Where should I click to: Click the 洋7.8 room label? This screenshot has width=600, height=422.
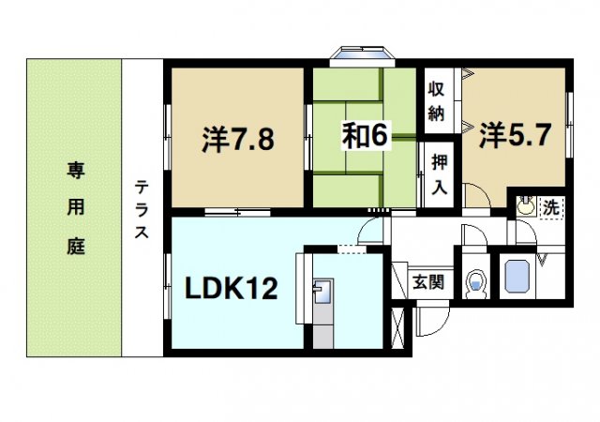tap(237, 140)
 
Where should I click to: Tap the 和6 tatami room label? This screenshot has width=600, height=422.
tap(364, 137)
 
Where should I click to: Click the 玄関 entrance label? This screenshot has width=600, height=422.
tap(432, 281)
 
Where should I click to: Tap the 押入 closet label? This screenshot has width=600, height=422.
tap(437, 171)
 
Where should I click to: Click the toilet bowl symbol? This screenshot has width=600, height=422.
tap(476, 280)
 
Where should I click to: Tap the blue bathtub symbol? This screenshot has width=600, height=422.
tap(518, 278)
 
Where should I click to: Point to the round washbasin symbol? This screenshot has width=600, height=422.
tap(525, 205)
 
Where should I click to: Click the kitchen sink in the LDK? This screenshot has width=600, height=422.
tap(320, 294)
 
